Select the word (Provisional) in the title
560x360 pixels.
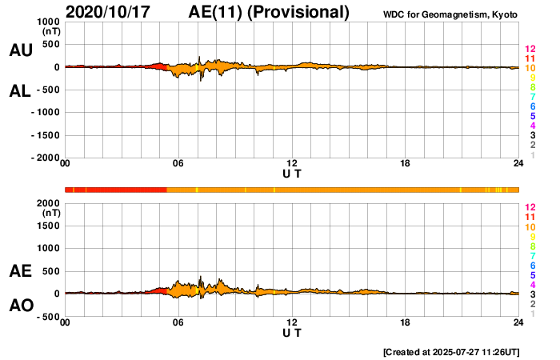(300, 12)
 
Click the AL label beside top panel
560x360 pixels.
(20, 91)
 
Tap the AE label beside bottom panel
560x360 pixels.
(20, 272)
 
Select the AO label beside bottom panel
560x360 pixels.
(20, 306)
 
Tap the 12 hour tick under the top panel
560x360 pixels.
(292, 164)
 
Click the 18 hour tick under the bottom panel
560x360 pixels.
(406, 322)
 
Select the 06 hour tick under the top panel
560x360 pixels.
(178, 164)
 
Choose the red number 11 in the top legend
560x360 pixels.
(530, 58)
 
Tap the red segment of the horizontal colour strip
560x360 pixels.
(120, 190)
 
